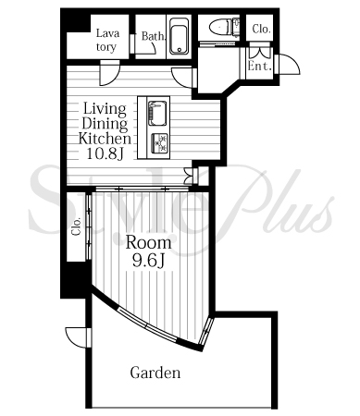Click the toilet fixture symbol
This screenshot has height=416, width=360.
click(x=224, y=27)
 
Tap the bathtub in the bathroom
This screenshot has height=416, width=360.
click(x=179, y=36)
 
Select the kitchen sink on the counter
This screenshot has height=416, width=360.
click(x=157, y=114)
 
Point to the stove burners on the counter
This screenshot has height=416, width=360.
click(x=159, y=143)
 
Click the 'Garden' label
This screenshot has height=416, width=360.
click(x=155, y=373)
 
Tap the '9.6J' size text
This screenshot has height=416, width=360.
click(x=147, y=262)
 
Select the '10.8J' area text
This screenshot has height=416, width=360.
click(x=105, y=153)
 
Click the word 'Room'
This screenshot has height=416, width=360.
click(x=148, y=242)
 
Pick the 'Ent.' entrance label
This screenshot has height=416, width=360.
click(x=260, y=66)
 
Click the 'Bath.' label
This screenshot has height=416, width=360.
click(x=153, y=36)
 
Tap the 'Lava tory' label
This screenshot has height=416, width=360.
click(x=107, y=40)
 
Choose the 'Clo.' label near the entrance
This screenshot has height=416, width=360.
click(x=261, y=29)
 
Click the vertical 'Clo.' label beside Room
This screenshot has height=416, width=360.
click(x=77, y=226)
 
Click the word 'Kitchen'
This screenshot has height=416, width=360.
click(x=105, y=139)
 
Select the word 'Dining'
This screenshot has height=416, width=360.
click(x=105, y=124)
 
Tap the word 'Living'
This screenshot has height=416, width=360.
click(x=105, y=109)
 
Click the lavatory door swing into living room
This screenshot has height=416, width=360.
click(x=109, y=74)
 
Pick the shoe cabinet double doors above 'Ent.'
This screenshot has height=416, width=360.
click(x=260, y=53)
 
